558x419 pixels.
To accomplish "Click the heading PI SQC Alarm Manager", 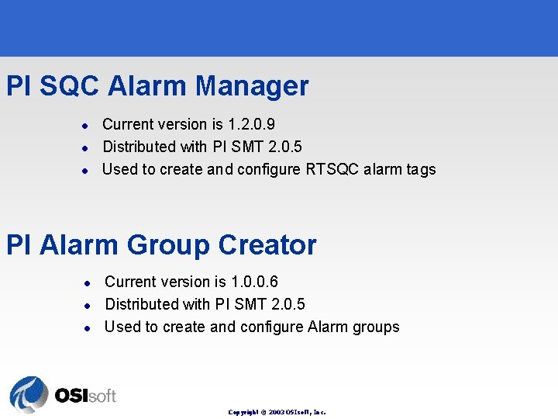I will [157, 86].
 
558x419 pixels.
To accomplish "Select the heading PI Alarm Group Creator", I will [161, 245].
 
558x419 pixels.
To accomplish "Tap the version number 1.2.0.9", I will [251, 124].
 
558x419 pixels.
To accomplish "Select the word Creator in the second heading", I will [267, 245].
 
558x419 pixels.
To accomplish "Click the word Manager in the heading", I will [252, 86].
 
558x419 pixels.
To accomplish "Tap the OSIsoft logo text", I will [85, 396].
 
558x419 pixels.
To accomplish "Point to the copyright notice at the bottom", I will [277, 412].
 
